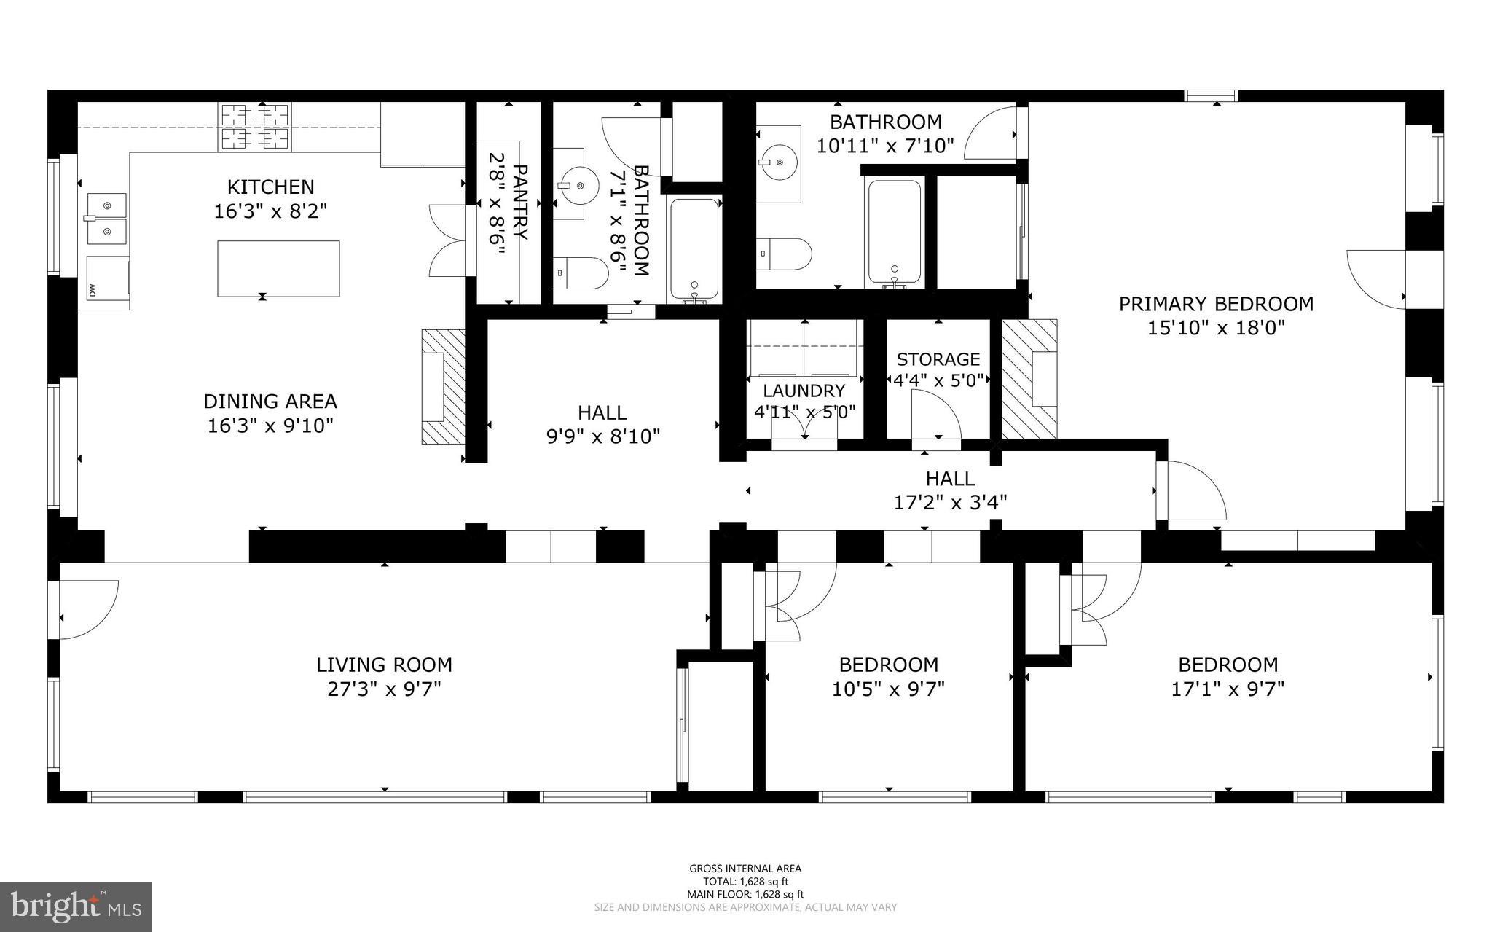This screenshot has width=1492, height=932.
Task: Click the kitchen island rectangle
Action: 278,268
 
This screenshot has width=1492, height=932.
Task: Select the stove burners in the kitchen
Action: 255,127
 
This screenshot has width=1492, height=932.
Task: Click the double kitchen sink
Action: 107,219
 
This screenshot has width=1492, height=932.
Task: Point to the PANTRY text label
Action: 519,203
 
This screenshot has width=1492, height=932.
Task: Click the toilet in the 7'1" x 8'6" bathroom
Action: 581,273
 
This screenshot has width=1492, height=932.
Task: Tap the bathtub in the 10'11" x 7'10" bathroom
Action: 894,232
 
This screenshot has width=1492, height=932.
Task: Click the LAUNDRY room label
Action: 804,391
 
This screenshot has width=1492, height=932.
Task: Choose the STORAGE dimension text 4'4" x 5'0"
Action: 938,380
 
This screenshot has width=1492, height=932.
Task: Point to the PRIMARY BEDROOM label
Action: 1216,304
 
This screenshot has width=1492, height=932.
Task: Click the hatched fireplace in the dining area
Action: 443,386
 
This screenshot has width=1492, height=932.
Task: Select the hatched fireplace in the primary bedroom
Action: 1029,379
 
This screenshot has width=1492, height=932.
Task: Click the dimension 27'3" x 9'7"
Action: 384,689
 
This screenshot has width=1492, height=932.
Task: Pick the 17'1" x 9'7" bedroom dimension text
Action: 1228,689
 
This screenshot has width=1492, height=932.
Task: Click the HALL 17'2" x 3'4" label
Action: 950,490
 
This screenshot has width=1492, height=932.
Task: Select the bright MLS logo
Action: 76,906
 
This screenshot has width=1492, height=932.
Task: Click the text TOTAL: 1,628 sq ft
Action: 745,882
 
